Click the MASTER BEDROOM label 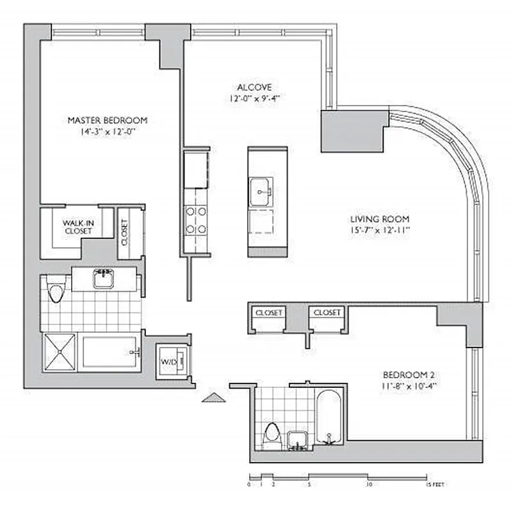pos(108,120)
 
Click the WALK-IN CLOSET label pos(77,227)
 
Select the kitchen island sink pos(261,188)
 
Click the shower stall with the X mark pos(59,353)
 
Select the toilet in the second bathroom pos(272,435)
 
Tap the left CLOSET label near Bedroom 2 pos(268,313)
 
